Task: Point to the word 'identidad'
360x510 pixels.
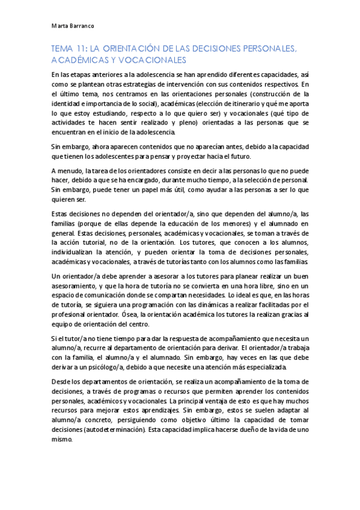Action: [x=67, y=104]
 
